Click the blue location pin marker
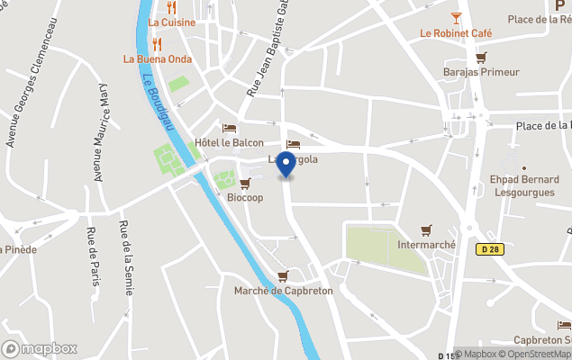tap(286, 166)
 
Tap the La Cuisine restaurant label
tap(171, 22)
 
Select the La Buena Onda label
tap(158, 59)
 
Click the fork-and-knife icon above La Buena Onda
tap(158, 43)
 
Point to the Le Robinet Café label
tap(456, 33)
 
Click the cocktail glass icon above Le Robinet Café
tap(456, 17)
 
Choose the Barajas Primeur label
tap(481, 72)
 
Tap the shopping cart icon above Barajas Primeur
tap(481, 57)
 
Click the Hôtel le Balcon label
tap(230, 143)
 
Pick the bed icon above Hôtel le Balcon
tap(229, 129)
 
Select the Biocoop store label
tap(245, 198)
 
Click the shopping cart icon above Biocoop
tap(245, 184)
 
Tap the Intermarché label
tap(426, 245)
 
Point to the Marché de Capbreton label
tap(284, 291)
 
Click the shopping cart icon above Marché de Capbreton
tap(284, 275)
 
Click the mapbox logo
tap(40, 348)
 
